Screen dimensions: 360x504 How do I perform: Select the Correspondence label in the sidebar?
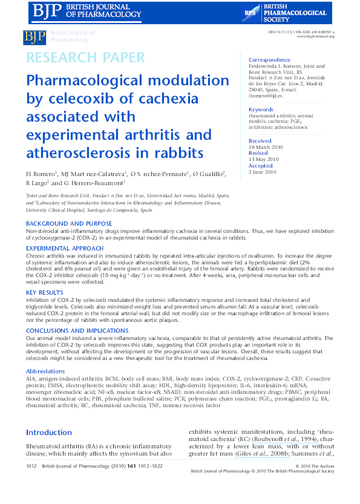269,60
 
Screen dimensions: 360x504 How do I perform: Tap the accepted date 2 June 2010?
263,172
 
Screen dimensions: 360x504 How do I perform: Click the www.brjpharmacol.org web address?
316,36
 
